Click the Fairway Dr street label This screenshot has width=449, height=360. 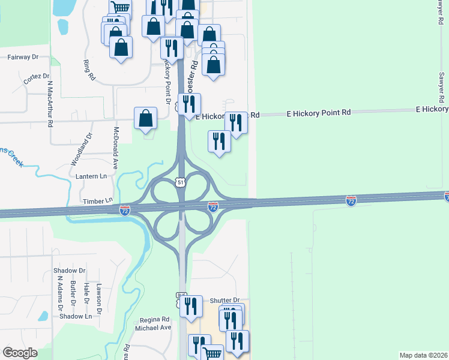tap(23, 57)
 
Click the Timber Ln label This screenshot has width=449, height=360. tap(98, 201)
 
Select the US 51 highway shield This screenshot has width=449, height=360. tap(181, 182)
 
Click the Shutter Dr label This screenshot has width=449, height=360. tap(225, 300)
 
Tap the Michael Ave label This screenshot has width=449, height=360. tap(153, 328)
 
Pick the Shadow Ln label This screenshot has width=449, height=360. tap(75, 316)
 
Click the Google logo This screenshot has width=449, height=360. tap(20, 353)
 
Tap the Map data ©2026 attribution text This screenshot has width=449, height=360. tap(424, 355)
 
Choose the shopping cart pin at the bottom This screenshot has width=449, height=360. tap(212, 354)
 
